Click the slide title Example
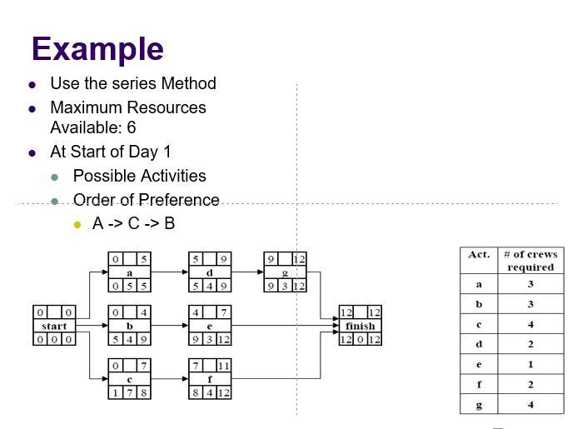pyautogui.click(x=97, y=49)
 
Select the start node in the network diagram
pyautogui.click(x=54, y=326)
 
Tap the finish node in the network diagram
pyautogui.click(x=360, y=326)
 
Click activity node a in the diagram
pyautogui.click(x=129, y=272)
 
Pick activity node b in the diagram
pyautogui.click(x=129, y=326)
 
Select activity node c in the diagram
pyautogui.click(x=129, y=379)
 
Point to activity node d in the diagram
pyautogui.click(x=210, y=272)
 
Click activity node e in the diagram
pyautogui.click(x=210, y=326)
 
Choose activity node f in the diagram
pyautogui.click(x=210, y=379)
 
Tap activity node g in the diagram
pyautogui.click(x=285, y=272)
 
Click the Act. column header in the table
pyautogui.click(x=479, y=255)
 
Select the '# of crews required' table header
pyautogui.click(x=530, y=261)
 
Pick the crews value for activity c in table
pyautogui.click(x=530, y=324)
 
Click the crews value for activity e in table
pyautogui.click(x=530, y=365)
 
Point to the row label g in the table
pyautogui.click(x=479, y=405)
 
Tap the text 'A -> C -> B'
pyautogui.click(x=133, y=223)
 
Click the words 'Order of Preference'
pyautogui.click(x=146, y=200)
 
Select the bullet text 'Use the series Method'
pyautogui.click(x=133, y=83)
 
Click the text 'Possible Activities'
pyautogui.click(x=139, y=176)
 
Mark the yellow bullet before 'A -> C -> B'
pyautogui.click(x=77, y=224)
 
